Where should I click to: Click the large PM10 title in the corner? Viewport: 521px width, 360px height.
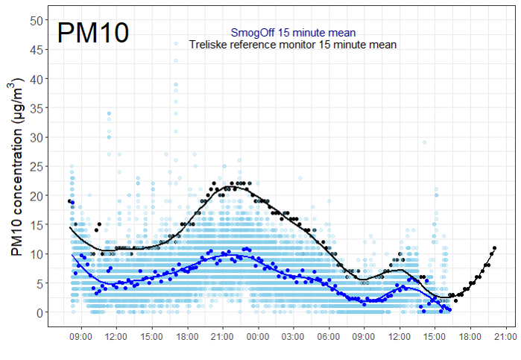click(94, 34)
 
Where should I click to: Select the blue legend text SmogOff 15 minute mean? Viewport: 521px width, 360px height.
click(293, 33)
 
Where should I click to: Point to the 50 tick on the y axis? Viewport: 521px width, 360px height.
click(36, 20)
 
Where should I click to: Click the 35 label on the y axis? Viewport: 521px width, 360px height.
click(36, 108)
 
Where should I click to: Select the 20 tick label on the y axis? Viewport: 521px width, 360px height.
click(36, 195)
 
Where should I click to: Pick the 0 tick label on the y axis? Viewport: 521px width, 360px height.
click(39, 312)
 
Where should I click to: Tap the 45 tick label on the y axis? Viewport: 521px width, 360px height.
click(36, 49)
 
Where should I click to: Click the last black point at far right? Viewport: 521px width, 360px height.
click(494, 247)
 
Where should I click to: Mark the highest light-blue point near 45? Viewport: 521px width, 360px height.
click(176, 44)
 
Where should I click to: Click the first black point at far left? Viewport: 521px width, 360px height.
click(69, 201)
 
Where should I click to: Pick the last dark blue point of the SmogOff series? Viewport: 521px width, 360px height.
click(449, 309)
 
